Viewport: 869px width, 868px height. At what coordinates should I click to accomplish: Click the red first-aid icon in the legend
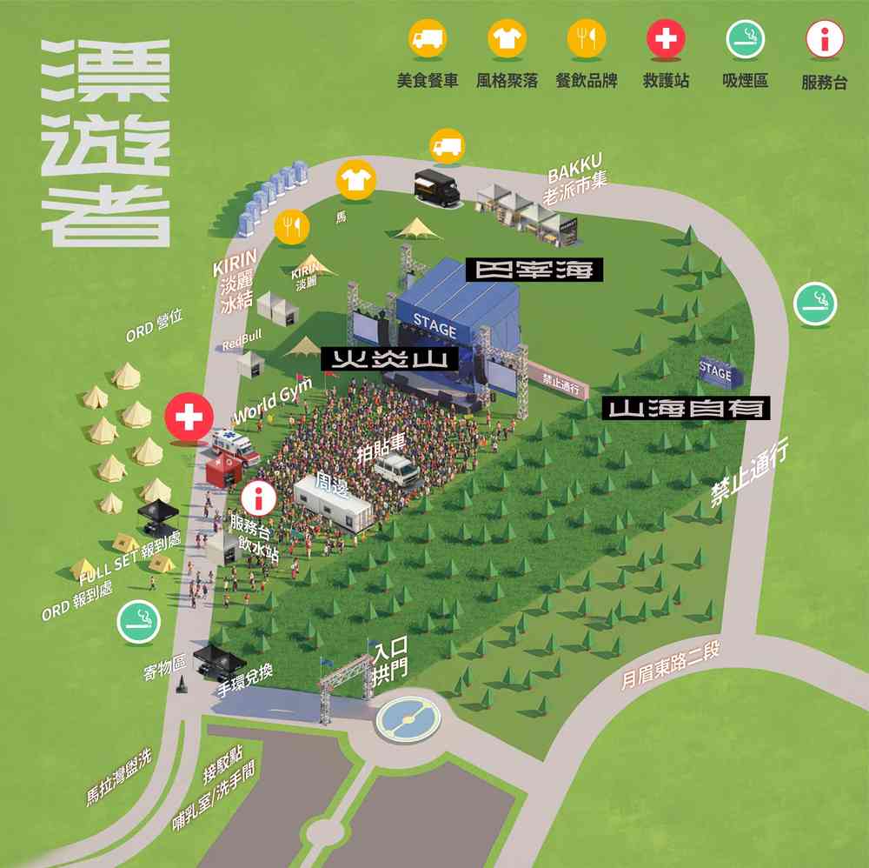(666, 38)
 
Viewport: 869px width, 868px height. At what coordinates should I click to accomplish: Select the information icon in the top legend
(825, 39)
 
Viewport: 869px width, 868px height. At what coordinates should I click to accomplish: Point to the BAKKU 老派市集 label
(574, 179)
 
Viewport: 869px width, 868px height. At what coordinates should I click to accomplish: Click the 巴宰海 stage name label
(534, 270)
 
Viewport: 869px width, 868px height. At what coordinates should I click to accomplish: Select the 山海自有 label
(687, 407)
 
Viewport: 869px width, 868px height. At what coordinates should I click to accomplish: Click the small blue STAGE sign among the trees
(715, 371)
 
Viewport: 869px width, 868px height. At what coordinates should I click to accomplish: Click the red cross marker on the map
(189, 417)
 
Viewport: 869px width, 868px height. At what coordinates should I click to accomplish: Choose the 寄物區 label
(165, 667)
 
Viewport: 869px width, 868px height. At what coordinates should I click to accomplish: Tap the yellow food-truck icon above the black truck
(448, 146)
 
